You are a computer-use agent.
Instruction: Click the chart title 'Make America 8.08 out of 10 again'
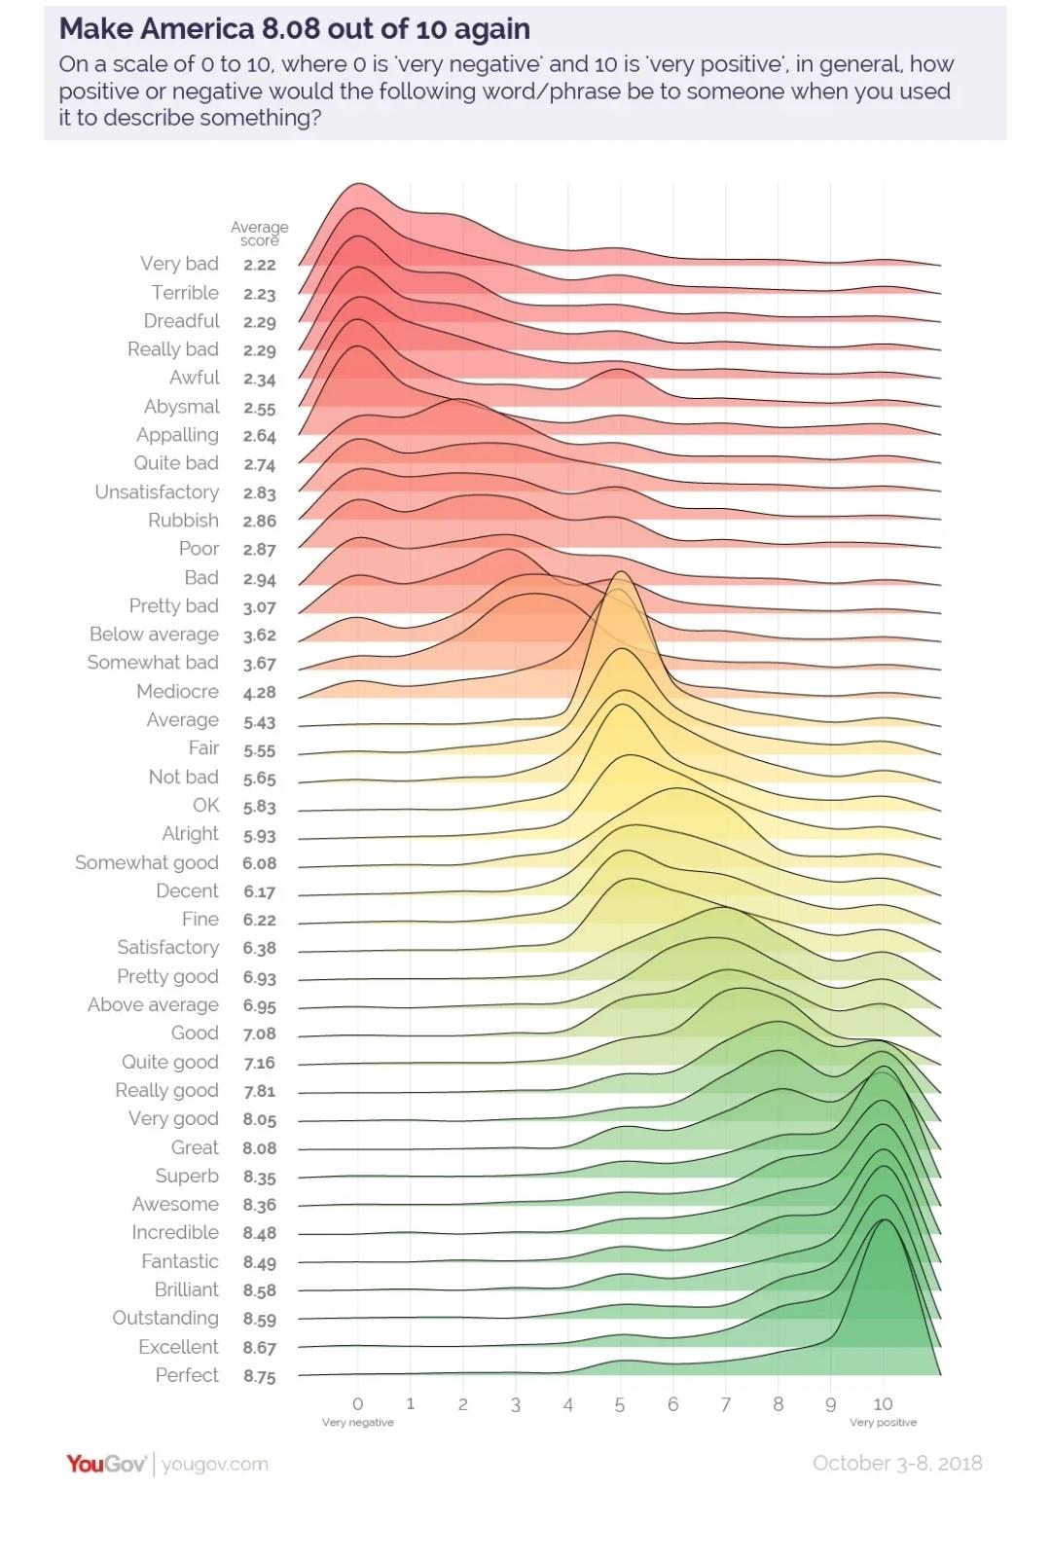click(294, 28)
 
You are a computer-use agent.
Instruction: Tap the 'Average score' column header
click(259, 234)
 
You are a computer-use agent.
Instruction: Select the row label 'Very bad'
click(179, 264)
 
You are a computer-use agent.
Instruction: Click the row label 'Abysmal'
click(181, 407)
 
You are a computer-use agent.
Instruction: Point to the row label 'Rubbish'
click(183, 521)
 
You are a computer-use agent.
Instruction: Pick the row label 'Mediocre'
click(177, 692)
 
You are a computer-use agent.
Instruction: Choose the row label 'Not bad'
click(183, 778)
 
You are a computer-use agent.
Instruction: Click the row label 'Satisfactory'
click(167, 948)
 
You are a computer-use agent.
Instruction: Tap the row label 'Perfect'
click(187, 1375)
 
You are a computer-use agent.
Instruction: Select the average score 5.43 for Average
click(260, 722)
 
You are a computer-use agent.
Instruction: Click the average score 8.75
click(260, 1376)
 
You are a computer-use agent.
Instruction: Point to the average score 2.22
click(260, 265)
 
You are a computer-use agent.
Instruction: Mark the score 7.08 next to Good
click(260, 1034)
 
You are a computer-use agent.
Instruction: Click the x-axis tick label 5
click(620, 1405)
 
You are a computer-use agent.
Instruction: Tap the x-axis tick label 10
click(883, 1404)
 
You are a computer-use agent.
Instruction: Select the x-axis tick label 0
click(358, 1404)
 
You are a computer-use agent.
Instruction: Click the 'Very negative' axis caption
click(358, 1423)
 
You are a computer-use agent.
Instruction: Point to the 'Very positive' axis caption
click(883, 1423)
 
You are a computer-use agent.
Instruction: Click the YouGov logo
click(106, 1464)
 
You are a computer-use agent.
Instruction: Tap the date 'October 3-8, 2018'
click(897, 1464)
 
